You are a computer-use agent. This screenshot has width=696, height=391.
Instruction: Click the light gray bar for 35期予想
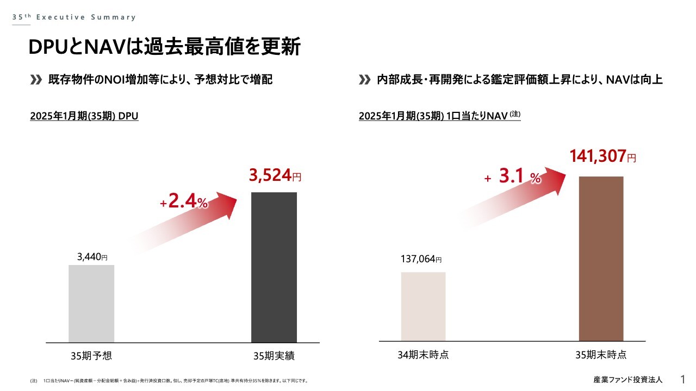[x=91, y=304]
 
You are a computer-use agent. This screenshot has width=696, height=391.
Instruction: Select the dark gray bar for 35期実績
[x=274, y=267]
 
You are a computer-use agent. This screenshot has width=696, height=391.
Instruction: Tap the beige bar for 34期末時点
[x=423, y=306]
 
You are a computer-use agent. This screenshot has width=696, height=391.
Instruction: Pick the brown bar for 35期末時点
[x=601, y=258]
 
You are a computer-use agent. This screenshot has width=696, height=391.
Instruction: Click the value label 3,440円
[x=92, y=257]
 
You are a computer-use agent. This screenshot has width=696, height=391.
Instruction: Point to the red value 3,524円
[x=275, y=175]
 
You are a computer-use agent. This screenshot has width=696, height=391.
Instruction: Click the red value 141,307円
[x=602, y=156]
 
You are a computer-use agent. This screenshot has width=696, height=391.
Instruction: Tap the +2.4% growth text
[x=184, y=201]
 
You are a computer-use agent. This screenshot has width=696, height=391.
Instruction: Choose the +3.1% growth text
[x=512, y=176]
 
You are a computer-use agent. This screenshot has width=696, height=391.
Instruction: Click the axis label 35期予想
[x=91, y=356]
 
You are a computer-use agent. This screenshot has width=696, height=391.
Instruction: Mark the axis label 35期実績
[x=274, y=356]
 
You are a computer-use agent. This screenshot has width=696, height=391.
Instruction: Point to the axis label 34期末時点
[x=423, y=355]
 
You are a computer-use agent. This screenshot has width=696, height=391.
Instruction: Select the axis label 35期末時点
[x=601, y=355]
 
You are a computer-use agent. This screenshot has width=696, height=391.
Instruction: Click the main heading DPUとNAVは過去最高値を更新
[x=164, y=47]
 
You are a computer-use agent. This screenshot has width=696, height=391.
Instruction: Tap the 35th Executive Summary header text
[x=74, y=17]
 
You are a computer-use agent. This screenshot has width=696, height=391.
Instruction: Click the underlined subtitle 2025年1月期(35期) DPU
[x=84, y=116]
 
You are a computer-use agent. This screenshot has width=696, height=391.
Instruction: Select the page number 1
[x=683, y=379]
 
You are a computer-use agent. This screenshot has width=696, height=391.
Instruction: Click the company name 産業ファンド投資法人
[x=628, y=379]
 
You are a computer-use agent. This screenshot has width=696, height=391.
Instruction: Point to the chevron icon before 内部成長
[x=365, y=80]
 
